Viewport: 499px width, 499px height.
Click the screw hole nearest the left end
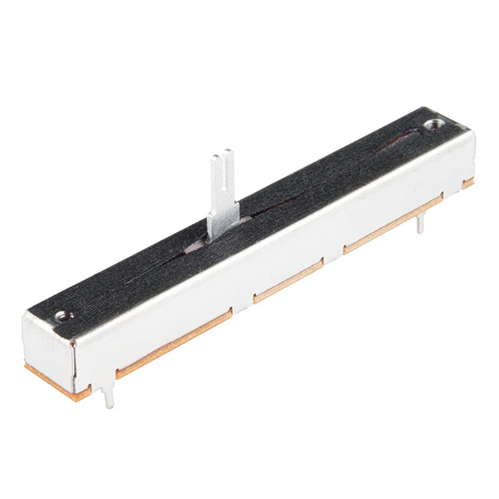(x=62, y=316)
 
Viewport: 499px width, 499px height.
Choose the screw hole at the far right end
(x=432, y=125)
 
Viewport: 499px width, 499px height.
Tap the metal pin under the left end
(x=108, y=398)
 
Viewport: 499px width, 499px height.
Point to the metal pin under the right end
(x=420, y=222)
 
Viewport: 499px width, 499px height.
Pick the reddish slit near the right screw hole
(x=391, y=144)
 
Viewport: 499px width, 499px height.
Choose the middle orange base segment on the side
(x=288, y=282)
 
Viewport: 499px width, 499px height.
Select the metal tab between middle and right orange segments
(x=333, y=254)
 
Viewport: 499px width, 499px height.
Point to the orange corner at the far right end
(x=469, y=182)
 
